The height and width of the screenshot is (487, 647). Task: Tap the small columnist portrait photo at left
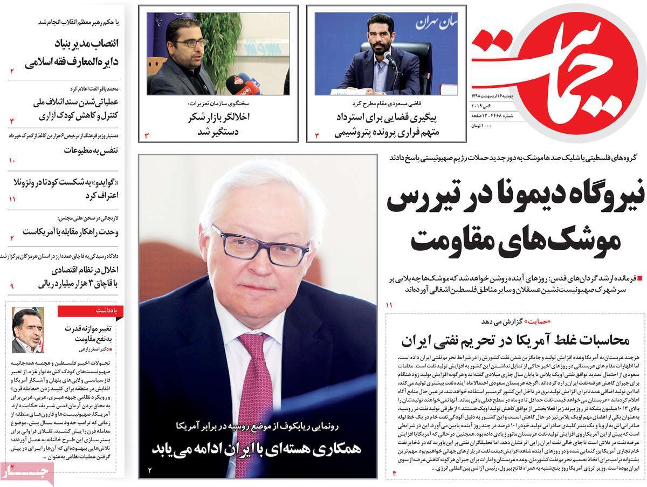point(27,330)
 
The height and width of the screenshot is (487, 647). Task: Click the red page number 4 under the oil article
point(394,473)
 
